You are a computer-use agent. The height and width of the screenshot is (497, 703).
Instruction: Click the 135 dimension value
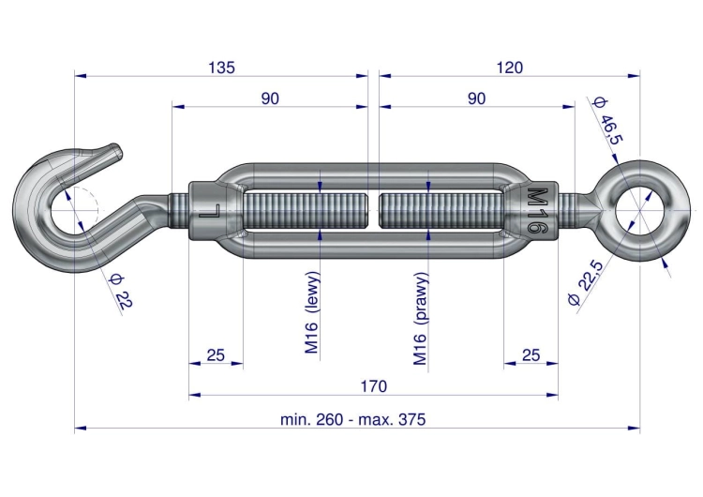221,68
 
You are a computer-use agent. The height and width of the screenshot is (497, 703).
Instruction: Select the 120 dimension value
509,68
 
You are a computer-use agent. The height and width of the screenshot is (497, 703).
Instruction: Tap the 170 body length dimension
373,386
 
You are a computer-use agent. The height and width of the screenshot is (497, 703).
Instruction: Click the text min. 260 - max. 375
352,420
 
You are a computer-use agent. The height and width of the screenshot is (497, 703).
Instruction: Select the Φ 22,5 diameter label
587,282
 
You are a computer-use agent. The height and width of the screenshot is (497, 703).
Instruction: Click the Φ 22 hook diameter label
121,291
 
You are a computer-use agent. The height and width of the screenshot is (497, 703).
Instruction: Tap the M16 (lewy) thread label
312,312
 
